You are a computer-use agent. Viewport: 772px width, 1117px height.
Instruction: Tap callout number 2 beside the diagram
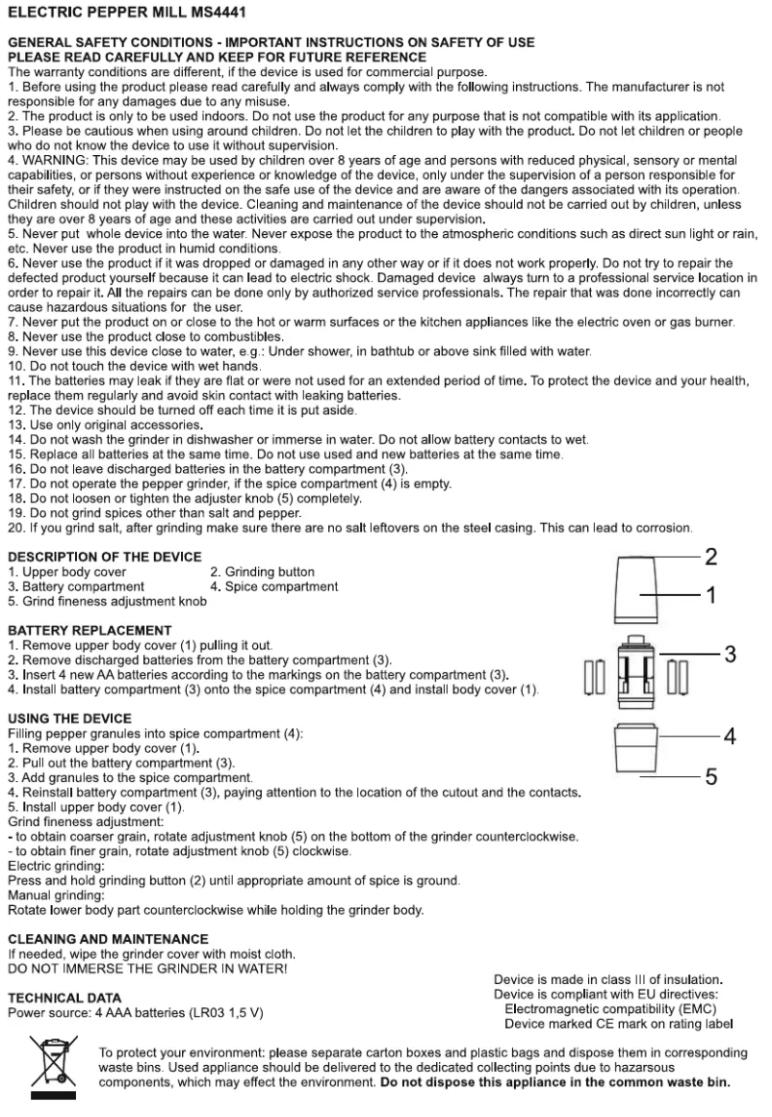710,557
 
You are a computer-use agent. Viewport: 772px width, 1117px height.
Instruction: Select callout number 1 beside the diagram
710,596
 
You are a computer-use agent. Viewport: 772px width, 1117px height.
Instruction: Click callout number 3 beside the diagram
730,655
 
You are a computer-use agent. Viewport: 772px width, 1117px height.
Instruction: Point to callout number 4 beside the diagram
730,737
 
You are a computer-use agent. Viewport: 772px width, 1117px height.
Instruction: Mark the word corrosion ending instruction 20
660,528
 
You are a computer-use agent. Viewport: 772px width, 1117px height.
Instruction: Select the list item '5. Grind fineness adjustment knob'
107,600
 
